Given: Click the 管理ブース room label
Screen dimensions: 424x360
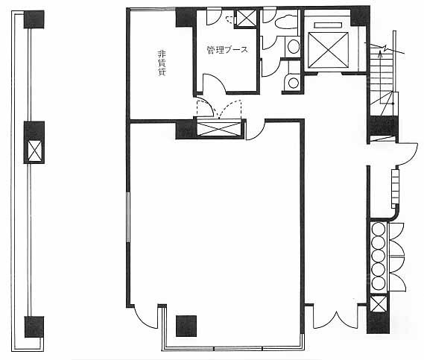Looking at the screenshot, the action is click(x=227, y=50).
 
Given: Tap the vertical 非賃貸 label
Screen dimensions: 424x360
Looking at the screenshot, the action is click(x=162, y=63).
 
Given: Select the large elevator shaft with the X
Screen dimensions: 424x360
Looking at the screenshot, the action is click(x=328, y=50).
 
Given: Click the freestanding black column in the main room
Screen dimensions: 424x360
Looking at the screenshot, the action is click(x=186, y=326).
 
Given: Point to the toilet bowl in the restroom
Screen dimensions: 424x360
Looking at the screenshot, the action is click(x=286, y=23).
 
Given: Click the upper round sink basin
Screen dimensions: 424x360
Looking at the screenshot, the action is click(x=294, y=46).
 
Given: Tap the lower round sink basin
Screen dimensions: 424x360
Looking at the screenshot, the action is click(x=294, y=83).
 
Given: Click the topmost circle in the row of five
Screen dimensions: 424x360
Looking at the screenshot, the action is click(x=378, y=229).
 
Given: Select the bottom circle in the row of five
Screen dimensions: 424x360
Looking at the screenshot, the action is click(x=378, y=283).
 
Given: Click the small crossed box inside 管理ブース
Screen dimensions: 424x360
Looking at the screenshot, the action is click(x=246, y=19).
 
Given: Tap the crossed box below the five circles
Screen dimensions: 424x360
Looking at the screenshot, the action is click(x=378, y=304).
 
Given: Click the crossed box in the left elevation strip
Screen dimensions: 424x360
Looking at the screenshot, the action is click(x=35, y=151).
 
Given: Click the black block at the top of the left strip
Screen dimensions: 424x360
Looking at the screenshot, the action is click(x=34, y=19).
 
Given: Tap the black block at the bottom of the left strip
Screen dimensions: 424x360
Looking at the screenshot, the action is click(x=34, y=326).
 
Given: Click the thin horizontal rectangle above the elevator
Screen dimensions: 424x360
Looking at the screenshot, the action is click(x=328, y=25).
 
